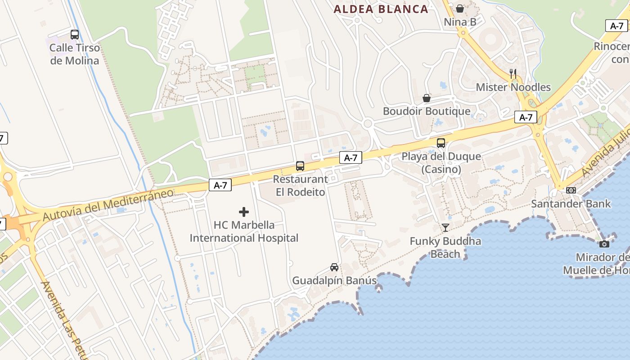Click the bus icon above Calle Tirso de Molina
[75, 34]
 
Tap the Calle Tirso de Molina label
[75, 54]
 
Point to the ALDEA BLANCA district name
[381, 9]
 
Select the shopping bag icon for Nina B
[460, 9]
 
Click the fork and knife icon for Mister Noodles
[513, 73]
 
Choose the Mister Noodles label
[513, 87]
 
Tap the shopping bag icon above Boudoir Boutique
[427, 98]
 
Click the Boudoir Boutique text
[427, 111]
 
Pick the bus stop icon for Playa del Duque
[441, 143]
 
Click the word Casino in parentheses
[441, 169]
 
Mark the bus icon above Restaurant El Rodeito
[300, 166]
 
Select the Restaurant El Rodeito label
[301, 185]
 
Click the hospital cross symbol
[244, 211]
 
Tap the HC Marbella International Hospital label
[244, 231]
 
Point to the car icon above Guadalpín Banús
[334, 267]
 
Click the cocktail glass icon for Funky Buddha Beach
[445, 228]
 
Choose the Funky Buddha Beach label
[445, 247]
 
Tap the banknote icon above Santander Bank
[571, 190]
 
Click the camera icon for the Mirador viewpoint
[604, 244]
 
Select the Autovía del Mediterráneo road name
[108, 205]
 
